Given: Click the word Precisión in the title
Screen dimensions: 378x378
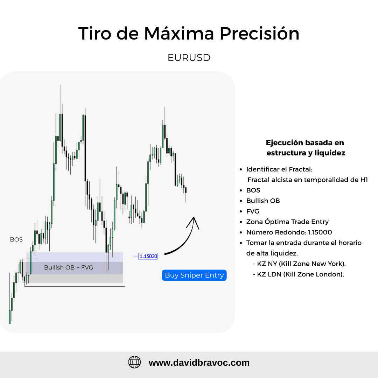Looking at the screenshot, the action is point(259,33).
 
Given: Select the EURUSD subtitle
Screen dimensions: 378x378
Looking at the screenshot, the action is point(189,58).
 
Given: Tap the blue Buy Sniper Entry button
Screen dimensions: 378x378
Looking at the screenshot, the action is point(194,275).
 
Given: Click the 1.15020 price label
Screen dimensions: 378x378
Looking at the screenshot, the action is point(148,256).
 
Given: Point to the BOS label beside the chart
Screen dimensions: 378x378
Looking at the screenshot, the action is point(16,239).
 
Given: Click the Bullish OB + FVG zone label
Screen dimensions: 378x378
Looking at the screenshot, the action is point(69,267).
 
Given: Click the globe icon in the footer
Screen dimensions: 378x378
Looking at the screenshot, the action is point(134,362).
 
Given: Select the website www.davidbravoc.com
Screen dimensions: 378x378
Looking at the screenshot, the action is point(199,363).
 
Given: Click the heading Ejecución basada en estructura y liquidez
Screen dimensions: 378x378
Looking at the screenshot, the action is point(306,148).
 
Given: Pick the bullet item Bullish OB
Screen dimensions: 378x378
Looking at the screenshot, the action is point(263,201).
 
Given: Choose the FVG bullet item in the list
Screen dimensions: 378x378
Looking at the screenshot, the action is point(253,211).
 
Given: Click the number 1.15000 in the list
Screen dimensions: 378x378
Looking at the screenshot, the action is point(320,232).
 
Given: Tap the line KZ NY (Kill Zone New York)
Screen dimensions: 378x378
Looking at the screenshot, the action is point(299,264).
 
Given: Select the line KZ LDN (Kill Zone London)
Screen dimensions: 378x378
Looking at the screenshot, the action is point(298,274).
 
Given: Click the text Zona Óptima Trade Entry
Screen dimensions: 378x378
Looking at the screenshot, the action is point(287,222).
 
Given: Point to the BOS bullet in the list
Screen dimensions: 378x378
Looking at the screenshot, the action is point(253,190).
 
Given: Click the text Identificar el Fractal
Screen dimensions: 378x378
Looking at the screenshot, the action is point(279,169).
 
